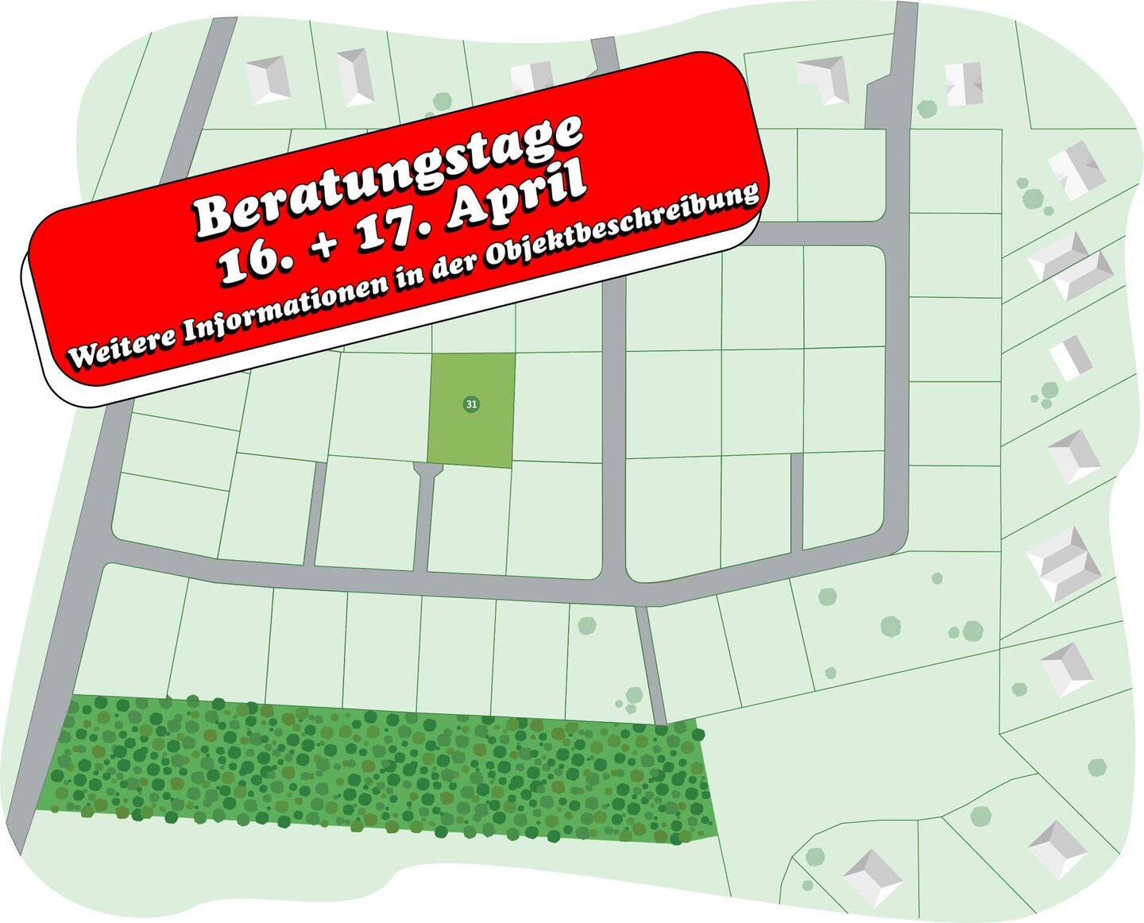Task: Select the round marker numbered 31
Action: (471, 404)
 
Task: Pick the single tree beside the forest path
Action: (586, 625)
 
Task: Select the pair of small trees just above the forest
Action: (632, 700)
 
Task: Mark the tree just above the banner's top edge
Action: (442, 102)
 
